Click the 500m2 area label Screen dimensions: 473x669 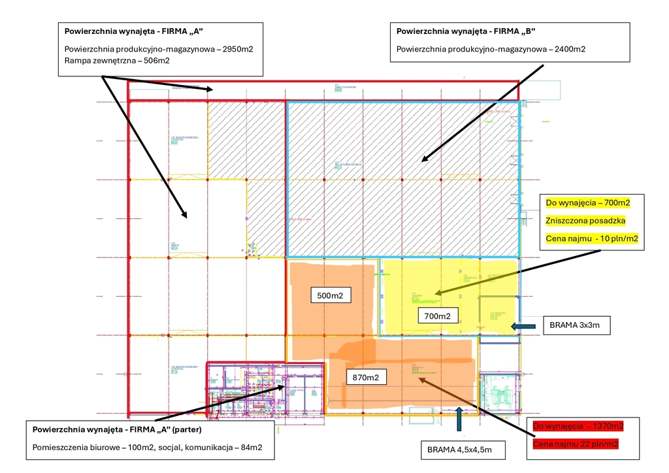(331, 296)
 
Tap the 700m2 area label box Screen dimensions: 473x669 (437, 316)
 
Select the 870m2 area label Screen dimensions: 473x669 (366, 377)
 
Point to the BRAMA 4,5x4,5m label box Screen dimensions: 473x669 (459, 449)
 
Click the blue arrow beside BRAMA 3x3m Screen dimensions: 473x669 (523, 325)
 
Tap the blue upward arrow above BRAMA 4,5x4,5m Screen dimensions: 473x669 (459, 419)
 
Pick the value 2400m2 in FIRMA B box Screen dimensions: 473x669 (567, 49)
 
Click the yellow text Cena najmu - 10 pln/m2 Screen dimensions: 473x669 (591, 239)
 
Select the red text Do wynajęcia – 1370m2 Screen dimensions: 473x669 (578, 426)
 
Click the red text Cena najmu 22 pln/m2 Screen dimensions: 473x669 (575, 444)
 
